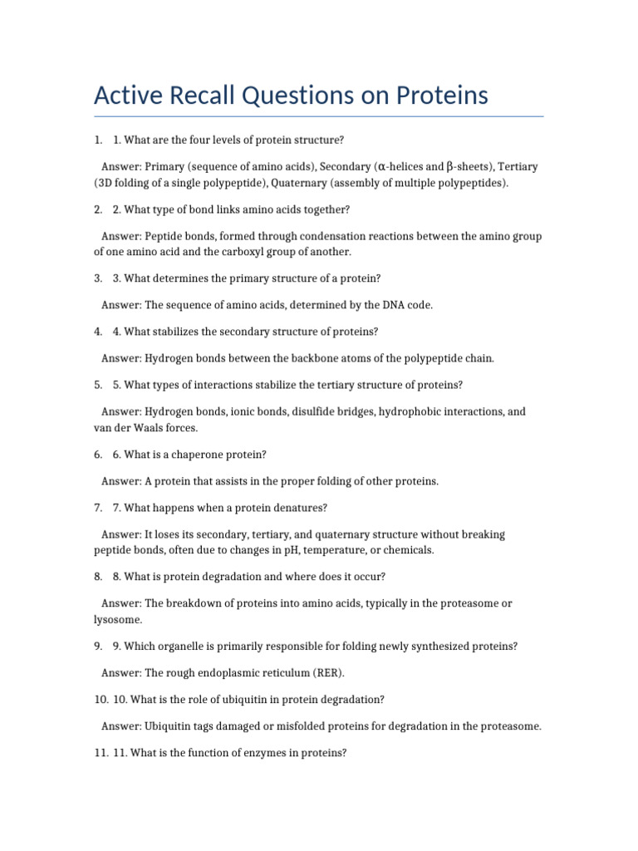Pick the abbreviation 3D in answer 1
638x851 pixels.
point(106,183)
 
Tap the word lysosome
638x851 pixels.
point(117,620)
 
